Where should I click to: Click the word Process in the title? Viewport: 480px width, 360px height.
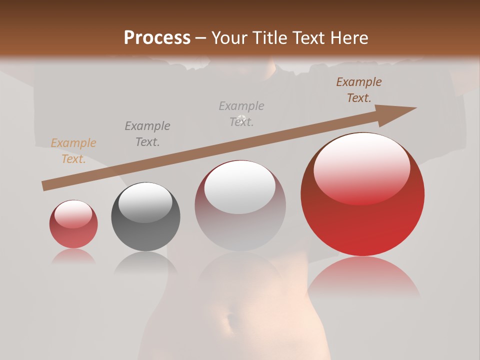157,37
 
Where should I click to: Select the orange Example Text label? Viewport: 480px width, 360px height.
73,151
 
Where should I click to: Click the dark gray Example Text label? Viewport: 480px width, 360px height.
147,134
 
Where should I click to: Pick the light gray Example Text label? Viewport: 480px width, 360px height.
241,114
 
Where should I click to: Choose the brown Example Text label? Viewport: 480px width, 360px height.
359,90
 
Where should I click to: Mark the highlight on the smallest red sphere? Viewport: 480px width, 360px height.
73,214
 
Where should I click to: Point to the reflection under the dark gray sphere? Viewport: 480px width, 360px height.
145,262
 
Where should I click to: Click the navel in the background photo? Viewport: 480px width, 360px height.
229,320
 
